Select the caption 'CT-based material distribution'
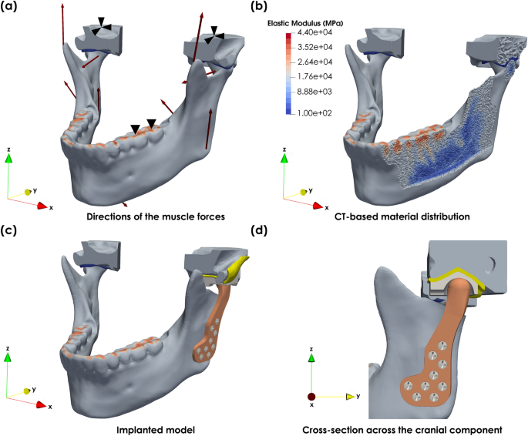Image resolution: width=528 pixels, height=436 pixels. pos(402,216)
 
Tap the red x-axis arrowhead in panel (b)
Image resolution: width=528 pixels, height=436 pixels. pos(310,206)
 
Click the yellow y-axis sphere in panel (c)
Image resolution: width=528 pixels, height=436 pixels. pos(27,392)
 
